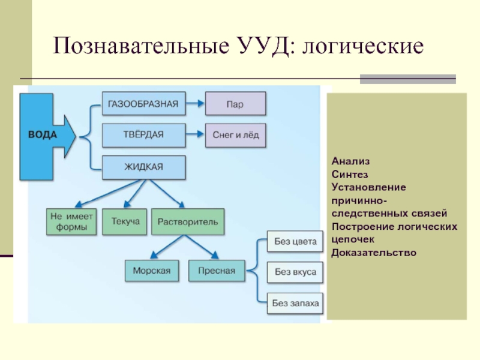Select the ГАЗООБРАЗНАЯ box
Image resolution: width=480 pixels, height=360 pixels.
coord(143,103)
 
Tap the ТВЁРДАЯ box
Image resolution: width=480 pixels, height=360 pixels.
coord(143,134)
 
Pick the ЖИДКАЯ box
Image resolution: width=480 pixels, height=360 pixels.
coord(143,167)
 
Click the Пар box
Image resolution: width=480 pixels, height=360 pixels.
coord(235,104)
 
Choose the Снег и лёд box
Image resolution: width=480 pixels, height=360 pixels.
coord(235,135)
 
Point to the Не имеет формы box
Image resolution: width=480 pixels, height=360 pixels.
coord(71,222)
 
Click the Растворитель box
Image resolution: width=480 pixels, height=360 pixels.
coord(188,222)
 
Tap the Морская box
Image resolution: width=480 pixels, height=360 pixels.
coord(151,270)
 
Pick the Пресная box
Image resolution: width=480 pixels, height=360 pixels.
coord(216,270)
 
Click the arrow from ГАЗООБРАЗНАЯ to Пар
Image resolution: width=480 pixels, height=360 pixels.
coord(194,104)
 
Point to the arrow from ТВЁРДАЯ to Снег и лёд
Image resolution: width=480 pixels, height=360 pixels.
coord(194,135)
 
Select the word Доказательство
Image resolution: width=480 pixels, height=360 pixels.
coord(373,253)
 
